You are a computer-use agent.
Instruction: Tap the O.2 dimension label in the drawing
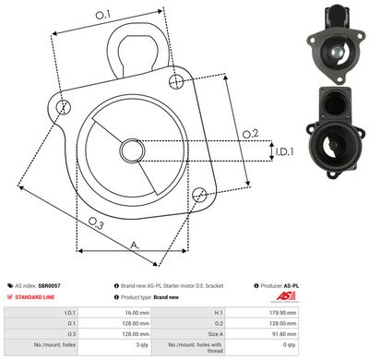pyautogui.click(x=249, y=135)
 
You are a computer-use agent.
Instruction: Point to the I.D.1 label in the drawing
pyautogui.click(x=283, y=150)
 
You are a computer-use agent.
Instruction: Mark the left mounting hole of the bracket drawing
pyautogui.click(x=63, y=108)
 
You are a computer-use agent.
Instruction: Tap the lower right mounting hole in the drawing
pyautogui.click(x=200, y=193)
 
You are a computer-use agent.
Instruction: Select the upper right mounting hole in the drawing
pyautogui.click(x=176, y=82)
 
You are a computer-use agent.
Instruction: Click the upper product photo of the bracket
pyautogui.click(x=329, y=42)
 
